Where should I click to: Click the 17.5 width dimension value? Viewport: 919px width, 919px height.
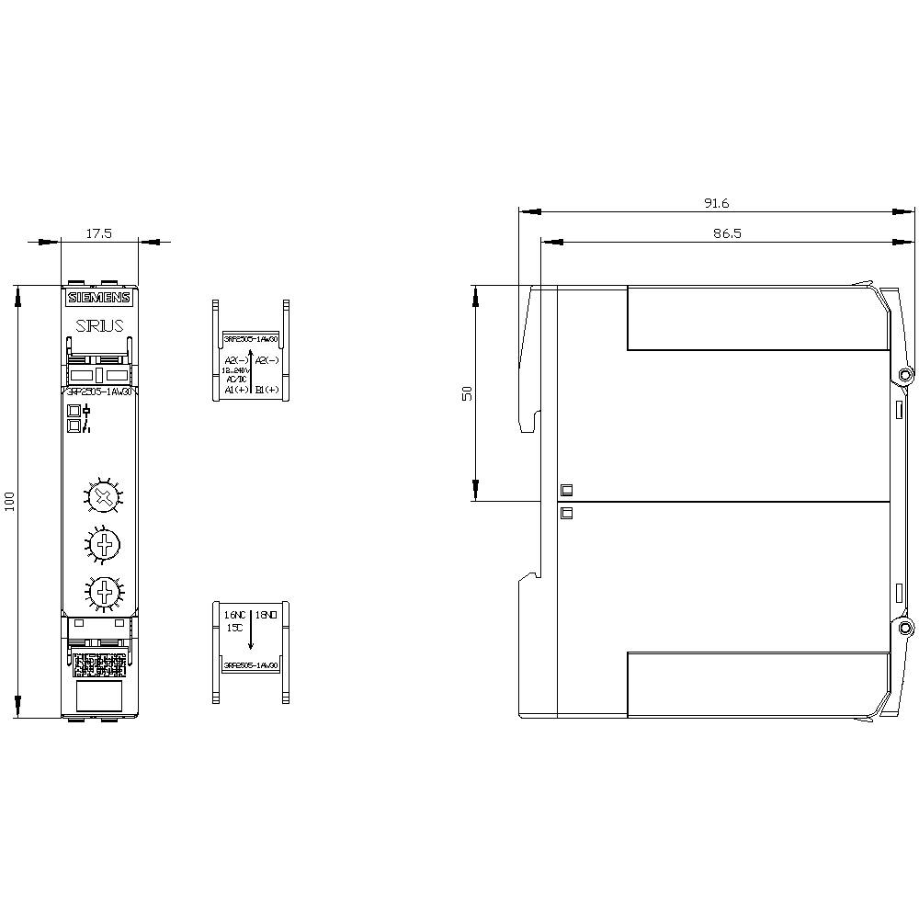[x=98, y=234]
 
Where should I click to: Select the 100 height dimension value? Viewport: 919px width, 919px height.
[x=10, y=502]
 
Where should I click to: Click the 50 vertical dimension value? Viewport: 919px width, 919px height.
[x=467, y=392]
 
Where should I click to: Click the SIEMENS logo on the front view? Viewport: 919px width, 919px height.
[x=99, y=298]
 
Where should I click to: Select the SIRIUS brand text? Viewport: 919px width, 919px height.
[x=99, y=324]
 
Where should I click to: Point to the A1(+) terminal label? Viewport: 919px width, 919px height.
[x=235, y=390]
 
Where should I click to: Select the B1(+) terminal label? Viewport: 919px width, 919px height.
[x=267, y=390]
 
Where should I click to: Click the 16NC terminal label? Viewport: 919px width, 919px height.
[x=234, y=614]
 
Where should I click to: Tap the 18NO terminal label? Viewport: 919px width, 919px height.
[x=267, y=614]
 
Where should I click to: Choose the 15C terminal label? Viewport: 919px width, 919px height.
[x=233, y=628]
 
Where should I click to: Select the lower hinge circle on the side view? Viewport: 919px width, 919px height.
[x=905, y=629]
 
